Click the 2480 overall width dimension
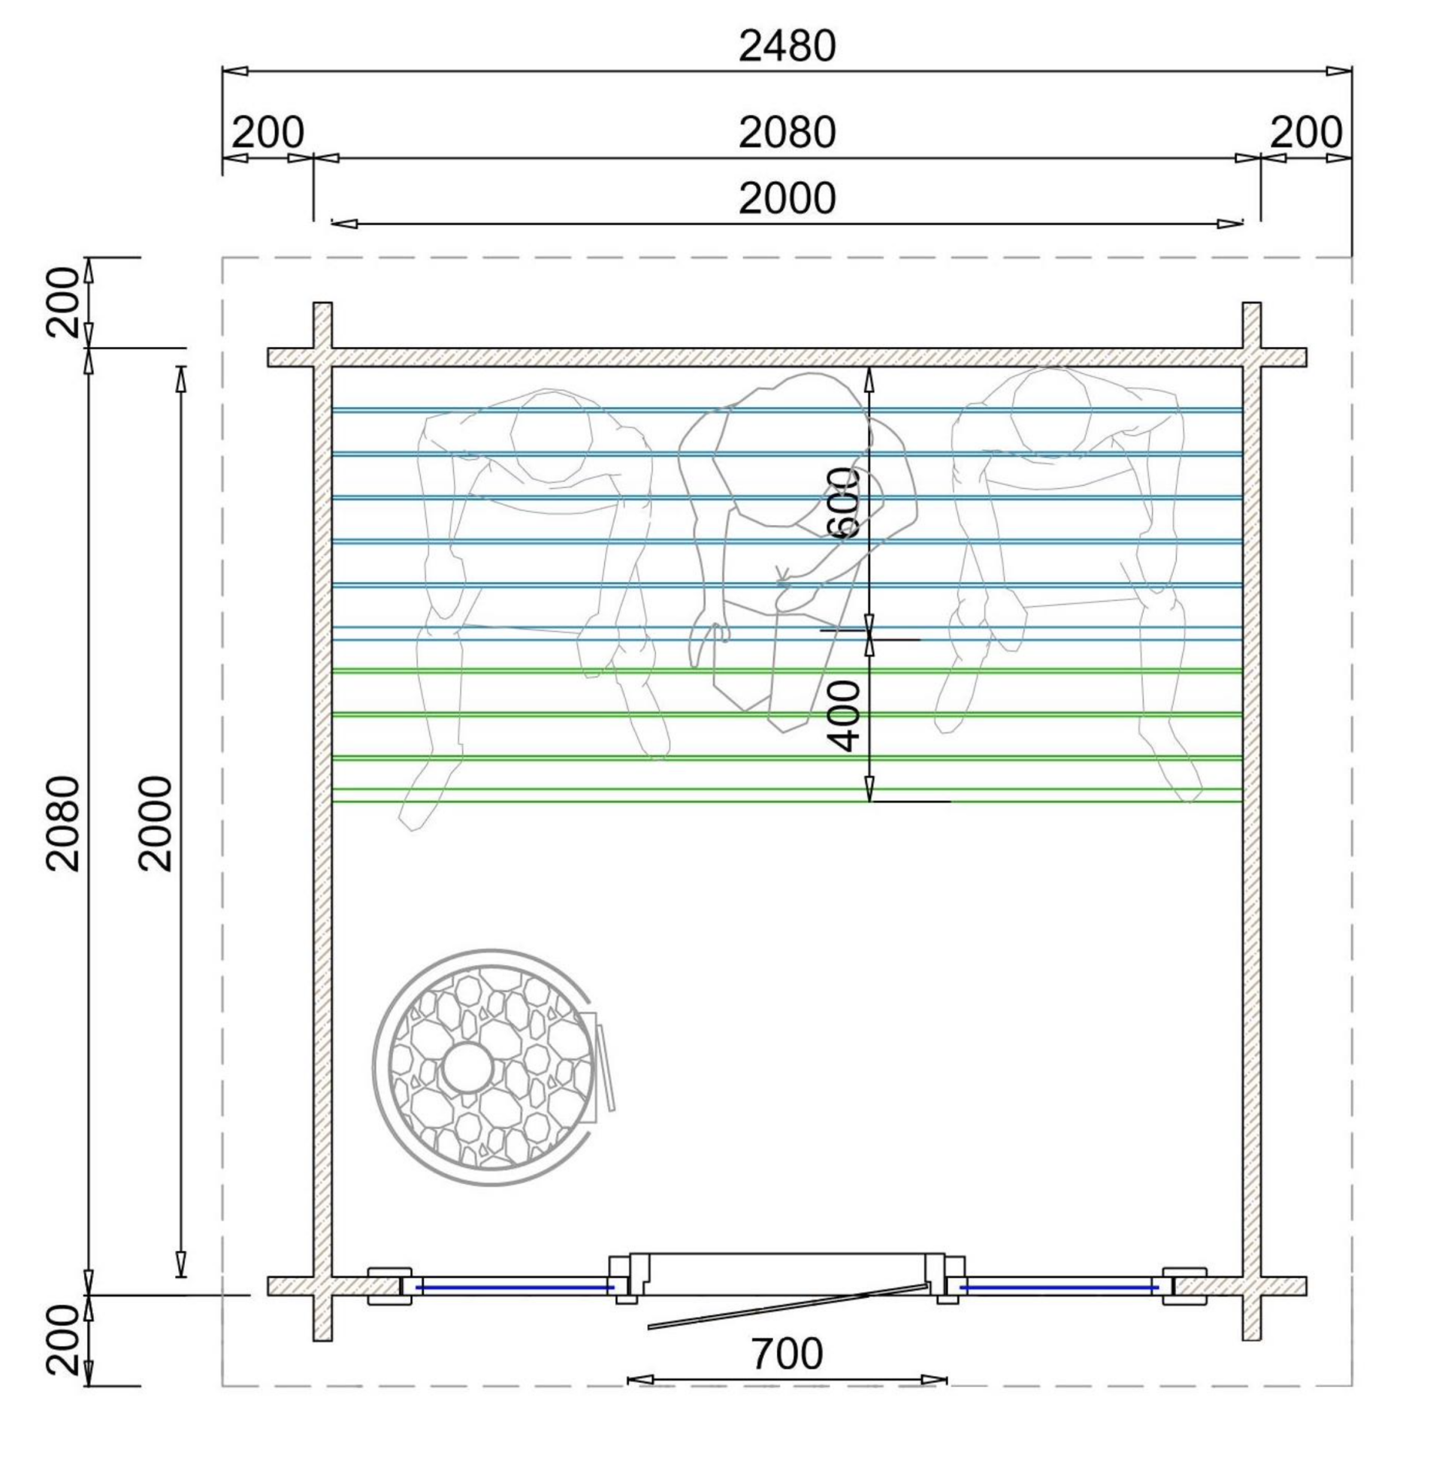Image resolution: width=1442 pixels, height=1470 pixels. pyautogui.click(x=787, y=46)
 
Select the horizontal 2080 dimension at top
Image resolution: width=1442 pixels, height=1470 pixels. pyautogui.click(x=787, y=132)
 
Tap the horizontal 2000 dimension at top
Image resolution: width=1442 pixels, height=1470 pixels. pyautogui.click(x=787, y=198)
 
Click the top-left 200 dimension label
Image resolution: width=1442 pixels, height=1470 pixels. pyautogui.click(x=268, y=132)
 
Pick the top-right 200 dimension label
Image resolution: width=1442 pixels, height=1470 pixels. pyautogui.click(x=1306, y=132)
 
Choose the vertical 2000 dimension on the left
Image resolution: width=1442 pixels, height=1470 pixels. pyautogui.click(x=156, y=823)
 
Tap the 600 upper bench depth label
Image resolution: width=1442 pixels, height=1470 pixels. pyautogui.click(x=845, y=502)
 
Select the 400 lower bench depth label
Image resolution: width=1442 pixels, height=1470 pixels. pyautogui.click(x=845, y=715)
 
